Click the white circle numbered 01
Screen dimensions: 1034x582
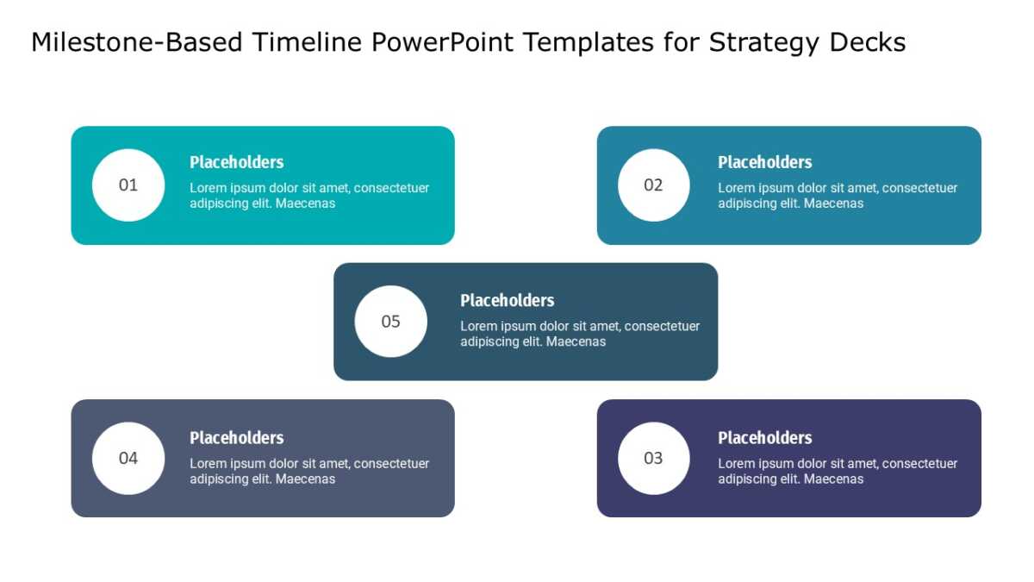click(128, 185)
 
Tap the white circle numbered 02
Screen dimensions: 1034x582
click(654, 185)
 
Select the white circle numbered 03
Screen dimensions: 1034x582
click(654, 458)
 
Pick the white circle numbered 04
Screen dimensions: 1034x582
click(128, 458)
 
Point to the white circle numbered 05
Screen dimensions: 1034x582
click(391, 322)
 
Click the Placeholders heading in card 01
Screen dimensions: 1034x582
click(236, 162)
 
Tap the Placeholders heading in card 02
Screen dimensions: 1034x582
click(765, 162)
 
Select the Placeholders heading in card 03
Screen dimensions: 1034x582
click(765, 438)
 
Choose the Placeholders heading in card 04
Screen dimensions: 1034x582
click(236, 438)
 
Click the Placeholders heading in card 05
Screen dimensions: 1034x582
click(508, 301)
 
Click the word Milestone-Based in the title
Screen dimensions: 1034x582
click(137, 42)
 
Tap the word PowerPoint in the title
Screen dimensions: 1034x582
click(442, 42)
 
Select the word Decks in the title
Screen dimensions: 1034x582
click(868, 42)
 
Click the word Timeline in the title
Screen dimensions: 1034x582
click(307, 42)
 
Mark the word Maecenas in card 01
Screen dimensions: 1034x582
click(305, 203)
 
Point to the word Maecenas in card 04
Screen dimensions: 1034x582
click(305, 479)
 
